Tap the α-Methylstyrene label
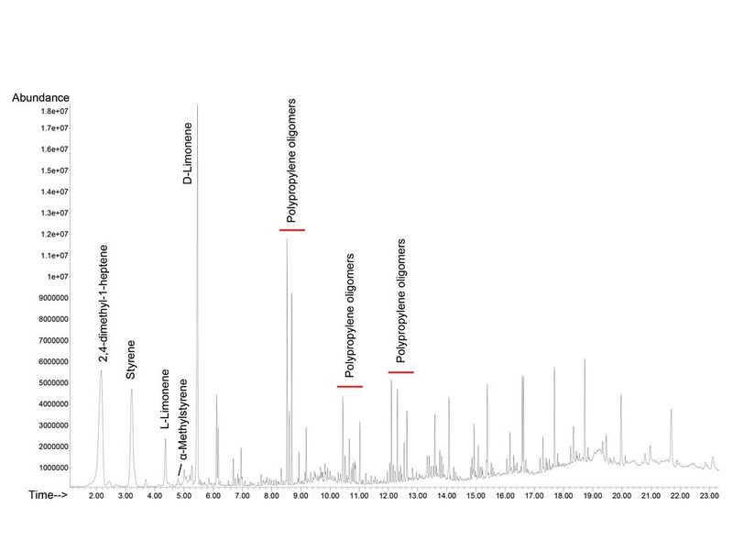[184, 422]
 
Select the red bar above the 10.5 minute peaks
[350, 387]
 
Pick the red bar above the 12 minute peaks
[401, 372]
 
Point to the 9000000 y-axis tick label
[62, 298]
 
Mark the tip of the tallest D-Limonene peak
[198, 105]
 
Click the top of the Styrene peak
[132, 390]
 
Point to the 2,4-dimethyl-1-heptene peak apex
[101, 370]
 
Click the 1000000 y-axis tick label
[62, 468]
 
